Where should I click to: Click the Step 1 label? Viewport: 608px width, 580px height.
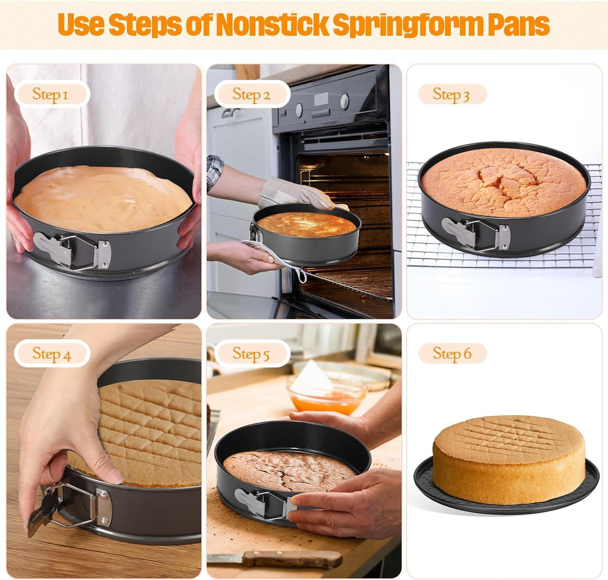coord(51,94)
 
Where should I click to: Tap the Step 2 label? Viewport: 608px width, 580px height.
coord(251,94)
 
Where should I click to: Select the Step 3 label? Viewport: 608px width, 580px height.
coord(451,94)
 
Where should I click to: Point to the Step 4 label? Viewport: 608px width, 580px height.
coord(52,354)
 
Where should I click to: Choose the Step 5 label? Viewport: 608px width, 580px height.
coord(251,354)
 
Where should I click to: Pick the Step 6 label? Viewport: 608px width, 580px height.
coord(452,354)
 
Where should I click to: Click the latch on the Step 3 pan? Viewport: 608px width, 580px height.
coord(476,233)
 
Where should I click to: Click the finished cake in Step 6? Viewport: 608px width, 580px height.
coord(508,459)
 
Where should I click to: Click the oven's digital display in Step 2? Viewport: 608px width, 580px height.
coord(321,99)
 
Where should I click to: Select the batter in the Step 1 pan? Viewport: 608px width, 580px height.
coord(103,198)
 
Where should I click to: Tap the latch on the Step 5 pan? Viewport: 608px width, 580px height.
coord(260,503)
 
